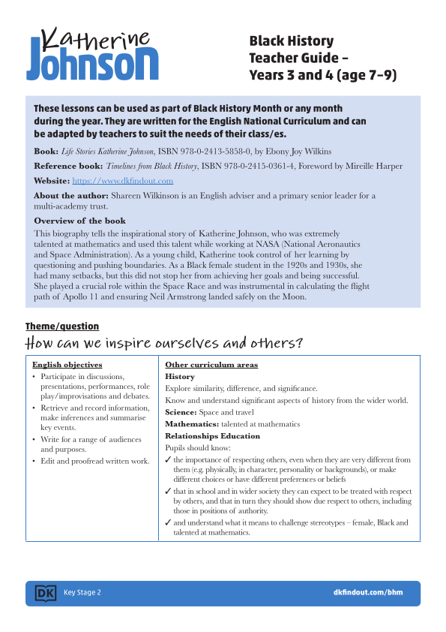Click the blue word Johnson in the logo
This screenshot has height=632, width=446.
click(x=92, y=64)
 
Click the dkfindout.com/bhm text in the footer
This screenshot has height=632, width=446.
click(x=367, y=593)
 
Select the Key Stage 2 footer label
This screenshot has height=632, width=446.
click(x=82, y=593)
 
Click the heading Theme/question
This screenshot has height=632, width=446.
click(x=62, y=327)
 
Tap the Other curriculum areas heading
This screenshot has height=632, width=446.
click(x=211, y=365)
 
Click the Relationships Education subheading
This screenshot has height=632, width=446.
click(x=212, y=435)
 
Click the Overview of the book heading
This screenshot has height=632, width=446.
click(x=79, y=221)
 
